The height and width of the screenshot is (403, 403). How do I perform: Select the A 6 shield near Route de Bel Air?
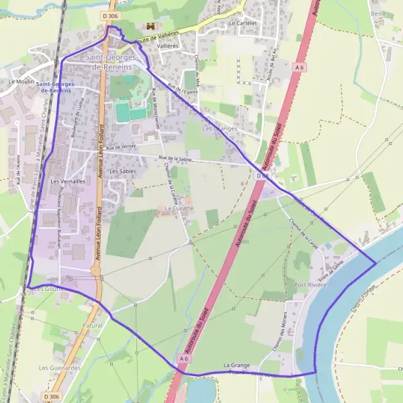[x=299, y=67]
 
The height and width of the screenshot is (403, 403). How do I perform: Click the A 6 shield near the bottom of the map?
[x=183, y=359]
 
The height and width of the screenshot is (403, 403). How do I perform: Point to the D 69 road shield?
[x=263, y=176]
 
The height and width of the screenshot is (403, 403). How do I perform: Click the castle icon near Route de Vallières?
[x=150, y=26]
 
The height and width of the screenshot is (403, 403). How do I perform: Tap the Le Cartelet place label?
[x=243, y=22]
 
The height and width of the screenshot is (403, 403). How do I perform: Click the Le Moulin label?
[x=21, y=81]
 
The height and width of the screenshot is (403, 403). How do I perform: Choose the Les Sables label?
[x=122, y=171]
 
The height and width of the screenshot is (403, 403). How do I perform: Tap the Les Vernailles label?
[x=68, y=181]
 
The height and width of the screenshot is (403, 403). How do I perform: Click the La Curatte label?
[x=179, y=208]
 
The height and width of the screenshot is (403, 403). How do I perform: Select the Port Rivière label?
[x=310, y=285]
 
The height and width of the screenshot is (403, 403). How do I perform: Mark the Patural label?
[x=93, y=325]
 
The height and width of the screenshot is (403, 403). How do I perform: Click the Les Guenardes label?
[x=60, y=368]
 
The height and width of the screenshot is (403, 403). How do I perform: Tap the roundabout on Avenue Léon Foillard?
[x=95, y=269]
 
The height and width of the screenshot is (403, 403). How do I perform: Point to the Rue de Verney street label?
[x=121, y=147]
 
